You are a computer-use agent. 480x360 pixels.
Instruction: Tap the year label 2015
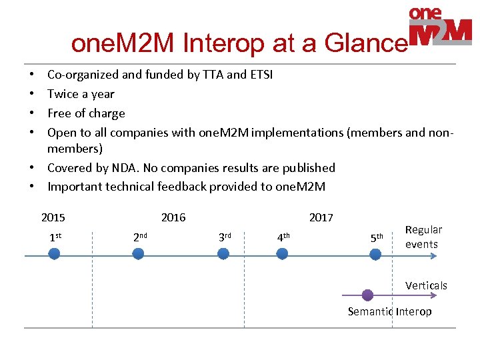pyautogui.click(x=53, y=217)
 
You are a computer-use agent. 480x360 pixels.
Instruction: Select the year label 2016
pyautogui.click(x=173, y=217)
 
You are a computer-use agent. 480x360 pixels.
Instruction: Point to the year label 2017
pyautogui.click(x=321, y=217)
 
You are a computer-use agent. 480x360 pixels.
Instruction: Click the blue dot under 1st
pyautogui.click(x=55, y=253)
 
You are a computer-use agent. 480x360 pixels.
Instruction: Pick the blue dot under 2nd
pyautogui.click(x=138, y=253)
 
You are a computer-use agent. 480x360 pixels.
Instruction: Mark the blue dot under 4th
pyautogui.click(x=282, y=253)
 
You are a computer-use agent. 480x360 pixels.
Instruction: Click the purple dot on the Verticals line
pyautogui.click(x=367, y=295)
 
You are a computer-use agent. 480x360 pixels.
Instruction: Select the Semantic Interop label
pyautogui.click(x=389, y=311)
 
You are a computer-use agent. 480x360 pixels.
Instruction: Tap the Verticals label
pyautogui.click(x=426, y=285)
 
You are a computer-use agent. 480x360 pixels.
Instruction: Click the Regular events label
pyautogui.click(x=423, y=237)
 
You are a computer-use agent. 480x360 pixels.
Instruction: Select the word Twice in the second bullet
pyautogui.click(x=63, y=94)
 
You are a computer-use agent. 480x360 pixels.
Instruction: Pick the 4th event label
pyautogui.click(x=283, y=236)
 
